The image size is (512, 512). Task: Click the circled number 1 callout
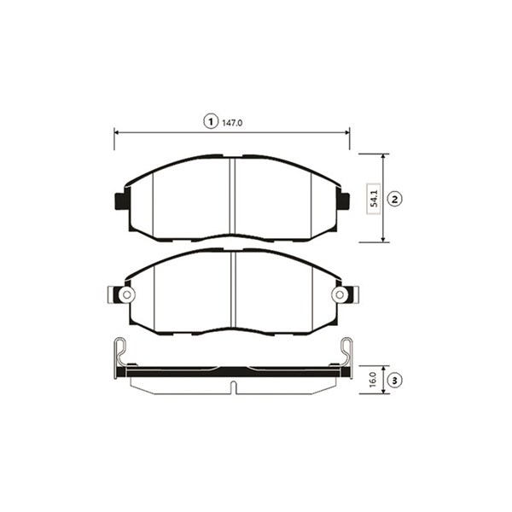(x=211, y=121)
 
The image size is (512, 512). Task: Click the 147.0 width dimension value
(x=232, y=123)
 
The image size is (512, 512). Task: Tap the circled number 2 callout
(x=394, y=199)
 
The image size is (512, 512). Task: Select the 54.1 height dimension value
(x=375, y=199)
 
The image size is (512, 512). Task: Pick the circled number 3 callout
(x=394, y=380)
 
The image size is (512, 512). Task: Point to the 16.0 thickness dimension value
(x=373, y=380)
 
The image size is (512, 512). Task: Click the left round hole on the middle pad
(x=126, y=295)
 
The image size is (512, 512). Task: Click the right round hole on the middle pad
(x=340, y=295)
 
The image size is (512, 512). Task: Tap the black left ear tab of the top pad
(x=122, y=201)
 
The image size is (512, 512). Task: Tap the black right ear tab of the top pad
(x=343, y=201)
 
